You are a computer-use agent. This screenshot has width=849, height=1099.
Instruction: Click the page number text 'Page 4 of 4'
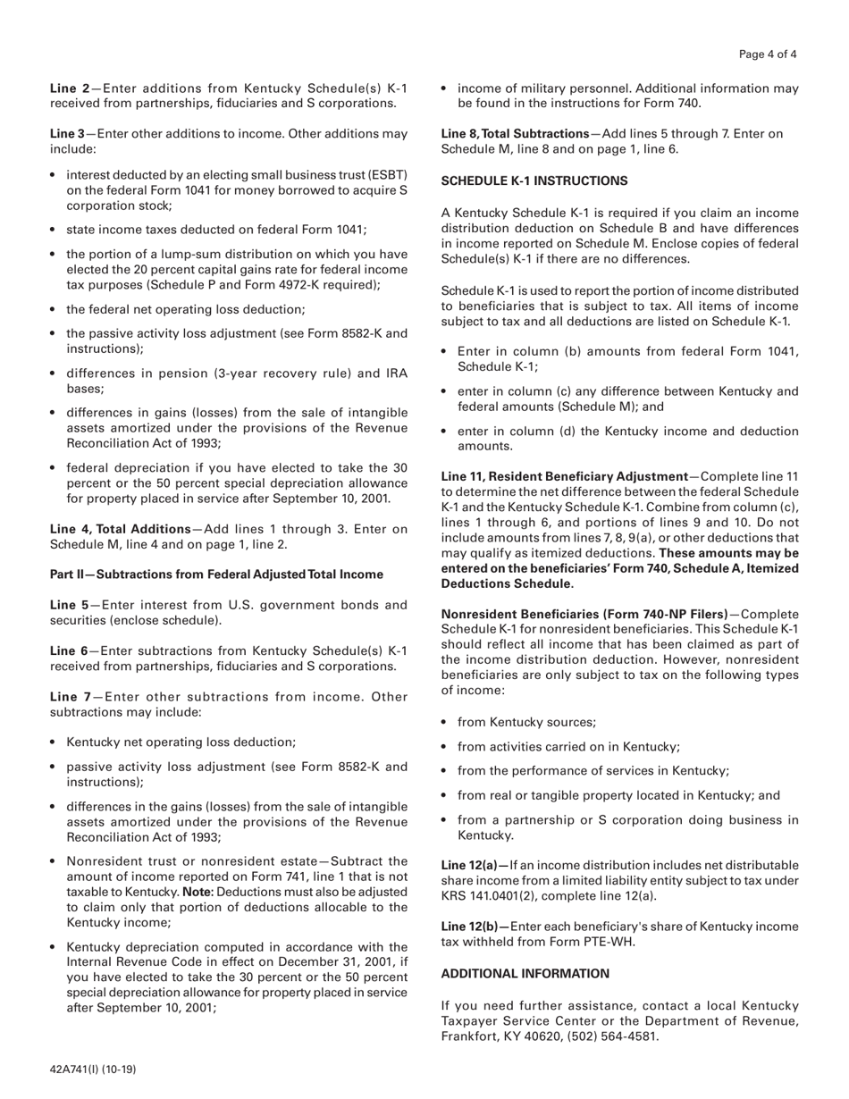click(768, 55)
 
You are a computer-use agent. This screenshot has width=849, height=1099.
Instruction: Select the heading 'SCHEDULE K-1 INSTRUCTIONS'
click(534, 180)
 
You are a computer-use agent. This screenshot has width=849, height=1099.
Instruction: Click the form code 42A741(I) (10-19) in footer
click(93, 1069)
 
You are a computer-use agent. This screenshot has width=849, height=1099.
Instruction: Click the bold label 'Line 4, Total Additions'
click(120, 529)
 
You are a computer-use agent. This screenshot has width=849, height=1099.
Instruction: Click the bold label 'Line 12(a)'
click(475, 865)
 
